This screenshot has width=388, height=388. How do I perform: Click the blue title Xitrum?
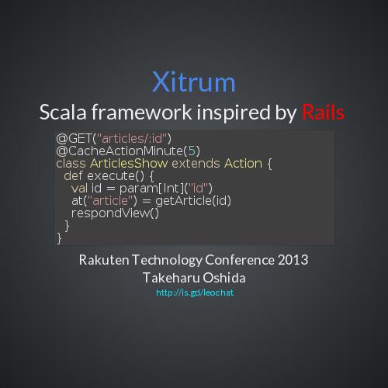click(193, 81)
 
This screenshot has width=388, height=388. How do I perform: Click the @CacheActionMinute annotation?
click(117, 151)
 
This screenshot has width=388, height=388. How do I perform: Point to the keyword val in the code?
click(79, 188)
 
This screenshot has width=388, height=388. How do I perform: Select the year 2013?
click(291, 260)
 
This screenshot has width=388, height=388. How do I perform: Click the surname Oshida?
click(221, 277)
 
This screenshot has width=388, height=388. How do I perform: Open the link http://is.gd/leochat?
click(194, 293)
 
